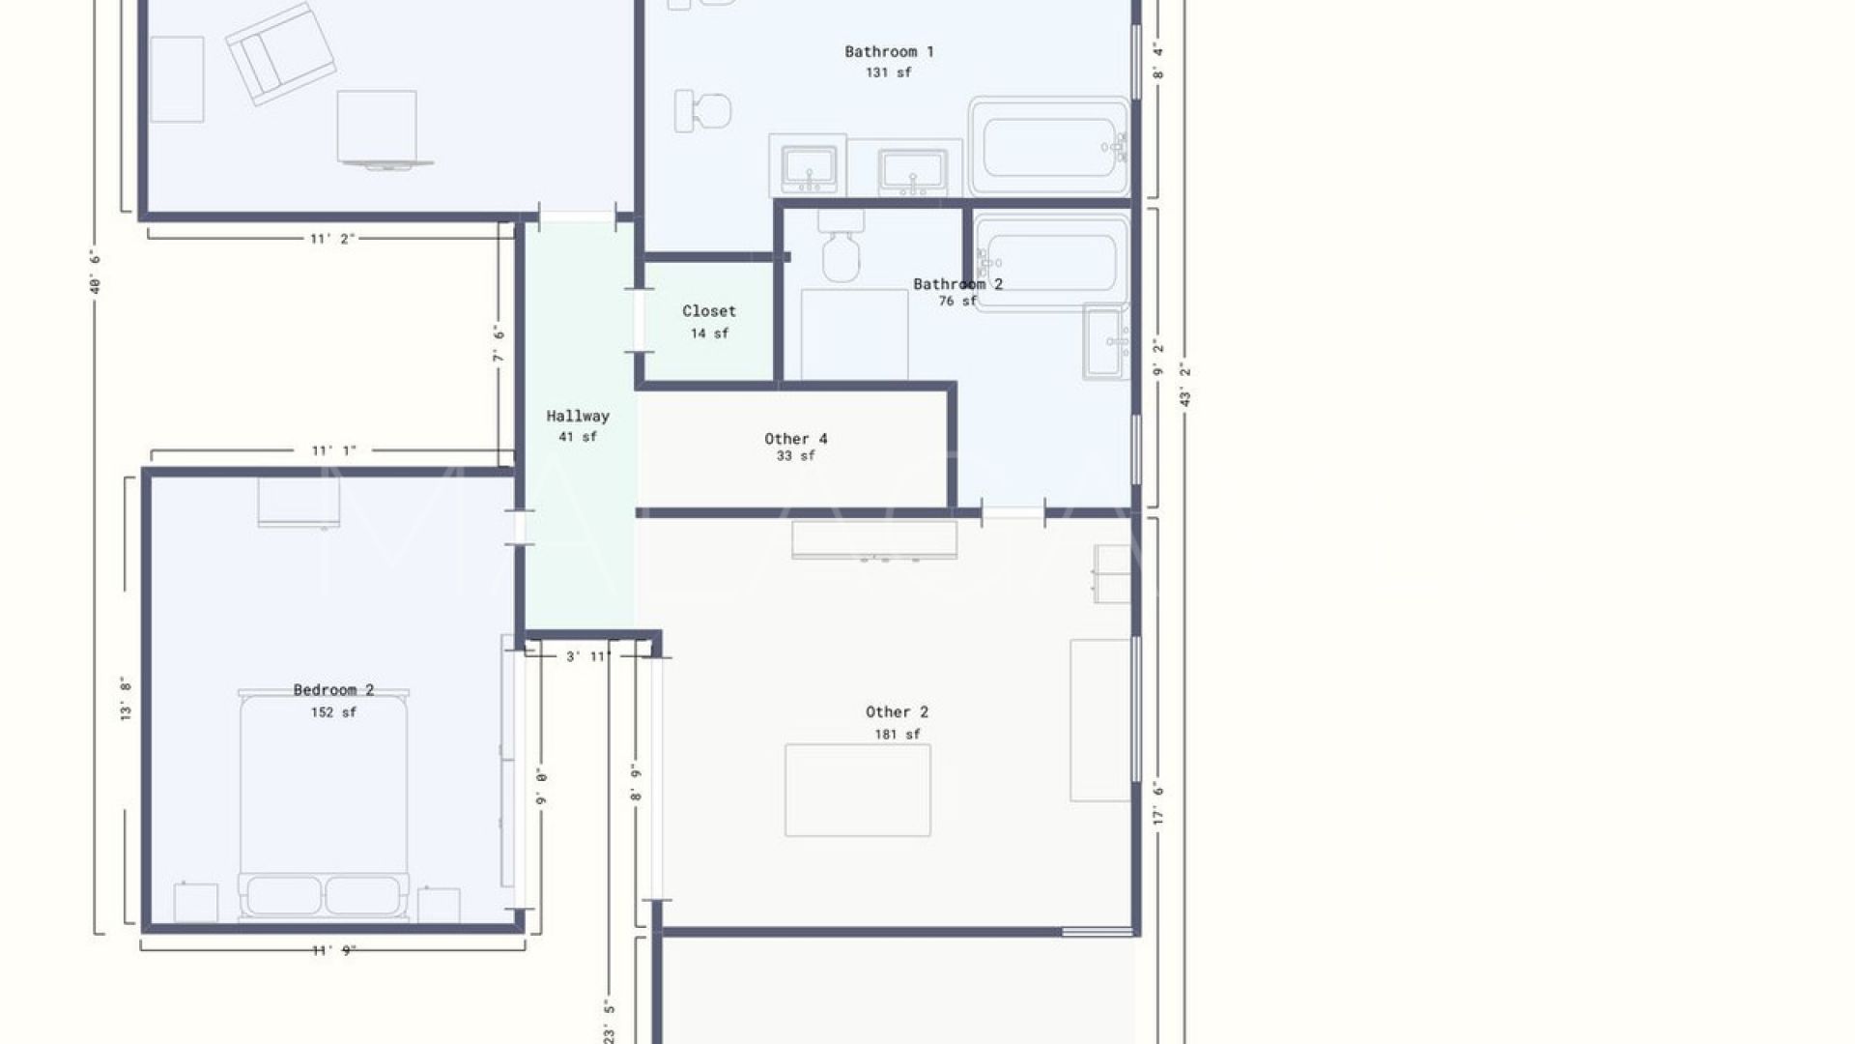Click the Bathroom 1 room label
(889, 51)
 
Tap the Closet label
(709, 310)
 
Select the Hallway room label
(578, 416)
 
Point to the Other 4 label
(796, 439)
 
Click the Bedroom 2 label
(333, 689)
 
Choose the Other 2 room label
(897, 711)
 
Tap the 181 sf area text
(898, 735)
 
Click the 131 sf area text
(888, 72)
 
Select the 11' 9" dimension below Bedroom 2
(333, 950)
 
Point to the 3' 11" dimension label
(588, 656)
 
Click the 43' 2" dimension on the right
(1185, 384)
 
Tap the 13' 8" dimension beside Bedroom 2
(125, 698)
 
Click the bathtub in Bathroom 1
(1049, 147)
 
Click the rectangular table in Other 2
(858, 790)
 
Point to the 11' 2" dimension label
(332, 238)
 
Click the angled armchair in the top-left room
(280, 53)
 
